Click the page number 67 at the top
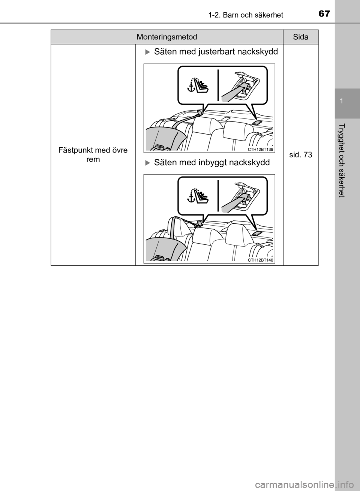tap(324, 14)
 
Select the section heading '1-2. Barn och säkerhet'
tap(246, 15)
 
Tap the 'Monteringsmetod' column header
tap(167, 37)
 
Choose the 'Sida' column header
tap(301, 37)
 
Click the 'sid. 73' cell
tap(301, 155)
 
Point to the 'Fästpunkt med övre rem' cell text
tap(93, 154)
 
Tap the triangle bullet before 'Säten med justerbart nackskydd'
tap(147, 52)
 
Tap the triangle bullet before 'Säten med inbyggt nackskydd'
tap(147, 163)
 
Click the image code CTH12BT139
tap(261, 150)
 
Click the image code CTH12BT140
tap(261, 260)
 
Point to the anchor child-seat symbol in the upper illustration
tap(198, 85)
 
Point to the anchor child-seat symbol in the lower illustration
tap(198, 196)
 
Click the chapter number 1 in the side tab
tap(341, 101)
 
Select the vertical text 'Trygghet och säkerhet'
tap(342, 160)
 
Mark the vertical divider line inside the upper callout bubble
tap(218, 85)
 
